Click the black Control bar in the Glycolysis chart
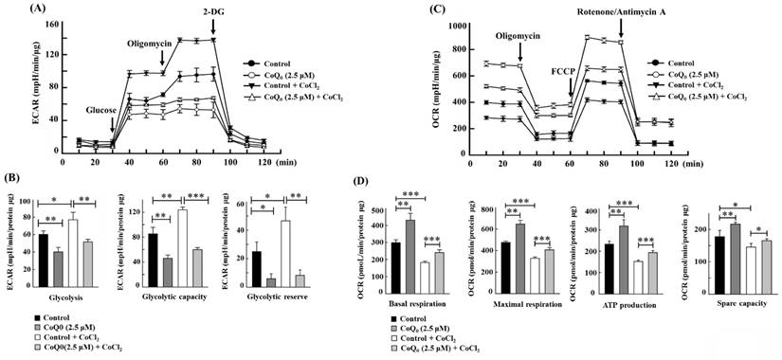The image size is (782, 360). coord(43,260)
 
